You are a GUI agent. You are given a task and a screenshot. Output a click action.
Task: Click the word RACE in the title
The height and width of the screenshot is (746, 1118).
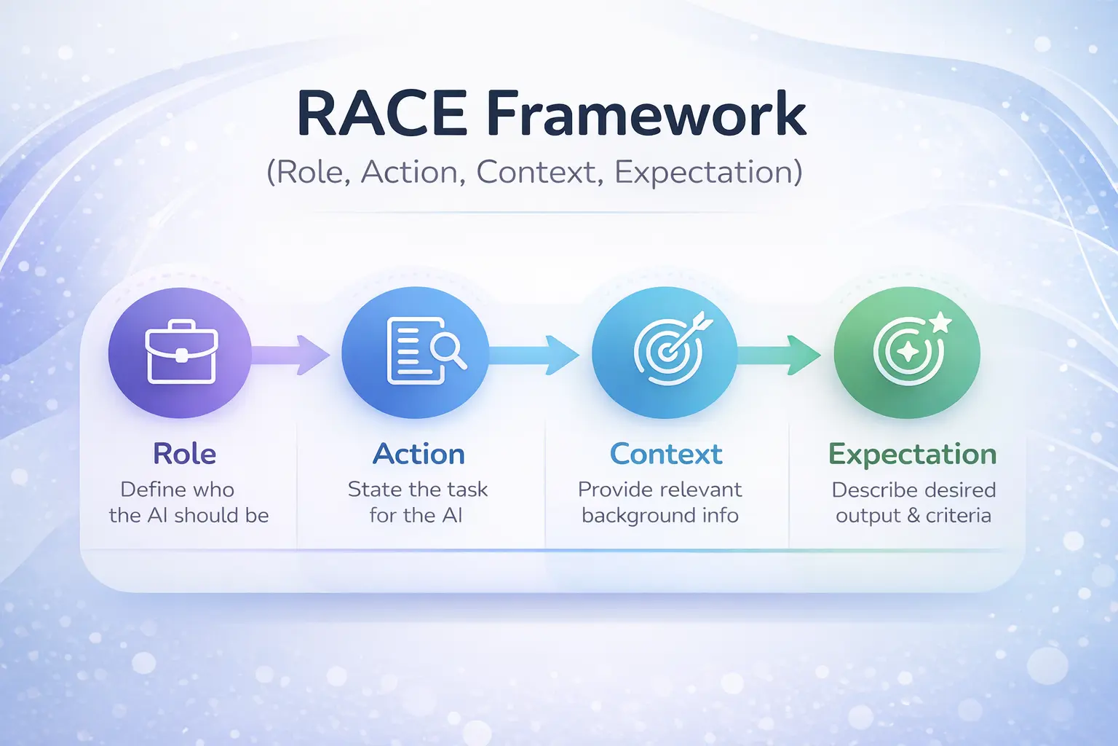pyautogui.click(x=381, y=114)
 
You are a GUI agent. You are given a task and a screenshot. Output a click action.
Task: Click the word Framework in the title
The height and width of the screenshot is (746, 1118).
pyautogui.click(x=646, y=114)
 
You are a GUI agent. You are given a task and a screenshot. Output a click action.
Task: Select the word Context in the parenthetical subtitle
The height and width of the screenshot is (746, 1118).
pyautogui.click(x=536, y=173)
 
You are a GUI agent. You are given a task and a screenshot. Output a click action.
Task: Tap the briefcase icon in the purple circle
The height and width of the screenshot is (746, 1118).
pyautogui.click(x=181, y=353)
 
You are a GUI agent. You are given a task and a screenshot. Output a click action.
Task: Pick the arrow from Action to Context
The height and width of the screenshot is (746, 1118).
pyautogui.click(x=535, y=354)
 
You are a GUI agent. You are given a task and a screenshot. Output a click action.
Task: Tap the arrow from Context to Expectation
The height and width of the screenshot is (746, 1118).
pyautogui.click(x=780, y=354)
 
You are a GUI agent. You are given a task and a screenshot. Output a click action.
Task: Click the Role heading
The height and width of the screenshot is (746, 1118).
pyautogui.click(x=184, y=454)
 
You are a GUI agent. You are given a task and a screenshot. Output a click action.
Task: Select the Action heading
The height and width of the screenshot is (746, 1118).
pyautogui.click(x=419, y=454)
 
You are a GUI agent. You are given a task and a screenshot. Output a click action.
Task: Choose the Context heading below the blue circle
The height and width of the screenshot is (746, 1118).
pyautogui.click(x=665, y=454)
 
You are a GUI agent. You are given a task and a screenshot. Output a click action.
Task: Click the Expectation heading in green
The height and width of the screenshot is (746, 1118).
pyautogui.click(x=912, y=455)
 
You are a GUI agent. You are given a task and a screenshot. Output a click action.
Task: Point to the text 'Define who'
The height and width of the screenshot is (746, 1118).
pyautogui.click(x=177, y=489)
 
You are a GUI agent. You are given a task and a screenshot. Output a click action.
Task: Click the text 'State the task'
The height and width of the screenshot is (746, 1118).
pyautogui.click(x=417, y=489)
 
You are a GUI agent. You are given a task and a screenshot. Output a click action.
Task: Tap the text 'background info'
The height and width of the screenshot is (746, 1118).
pyautogui.click(x=660, y=516)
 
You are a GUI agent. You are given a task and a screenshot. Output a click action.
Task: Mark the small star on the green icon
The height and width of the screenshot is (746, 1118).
pyautogui.click(x=941, y=322)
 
